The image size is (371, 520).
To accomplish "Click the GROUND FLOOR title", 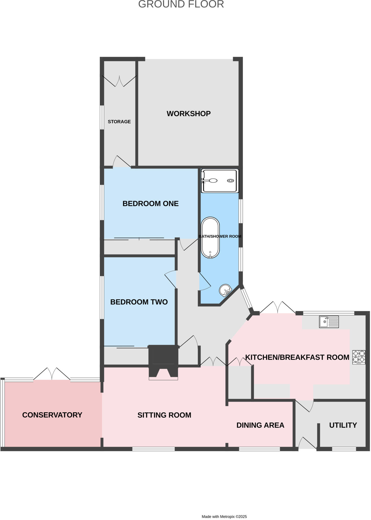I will pos(181,4).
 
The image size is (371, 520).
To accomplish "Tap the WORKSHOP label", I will pos(189,113).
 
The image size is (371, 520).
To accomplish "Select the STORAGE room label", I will pos(119,122).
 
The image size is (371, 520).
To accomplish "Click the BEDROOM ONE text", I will pos(150,203).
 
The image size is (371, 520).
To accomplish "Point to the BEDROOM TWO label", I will pos(139,302).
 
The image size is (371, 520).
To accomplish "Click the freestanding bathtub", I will pos(210,238).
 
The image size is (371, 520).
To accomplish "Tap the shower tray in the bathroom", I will pos(220,181).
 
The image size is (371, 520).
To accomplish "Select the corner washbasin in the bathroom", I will pos(225,290).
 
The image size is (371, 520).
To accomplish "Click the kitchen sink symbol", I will pos(329,322).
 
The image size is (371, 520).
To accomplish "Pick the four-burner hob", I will pos(359,357).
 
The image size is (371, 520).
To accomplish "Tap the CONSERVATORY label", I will pos(52,415).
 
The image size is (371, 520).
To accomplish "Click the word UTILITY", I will pos(343,425).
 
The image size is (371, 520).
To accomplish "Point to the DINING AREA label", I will pos(260,425).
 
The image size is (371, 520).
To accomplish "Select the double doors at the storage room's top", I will pos(119,81).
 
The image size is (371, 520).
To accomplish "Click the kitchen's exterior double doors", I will pos(278,308).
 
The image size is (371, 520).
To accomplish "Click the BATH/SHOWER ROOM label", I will pos(220,236).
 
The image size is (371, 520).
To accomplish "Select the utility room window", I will pos(344,449).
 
